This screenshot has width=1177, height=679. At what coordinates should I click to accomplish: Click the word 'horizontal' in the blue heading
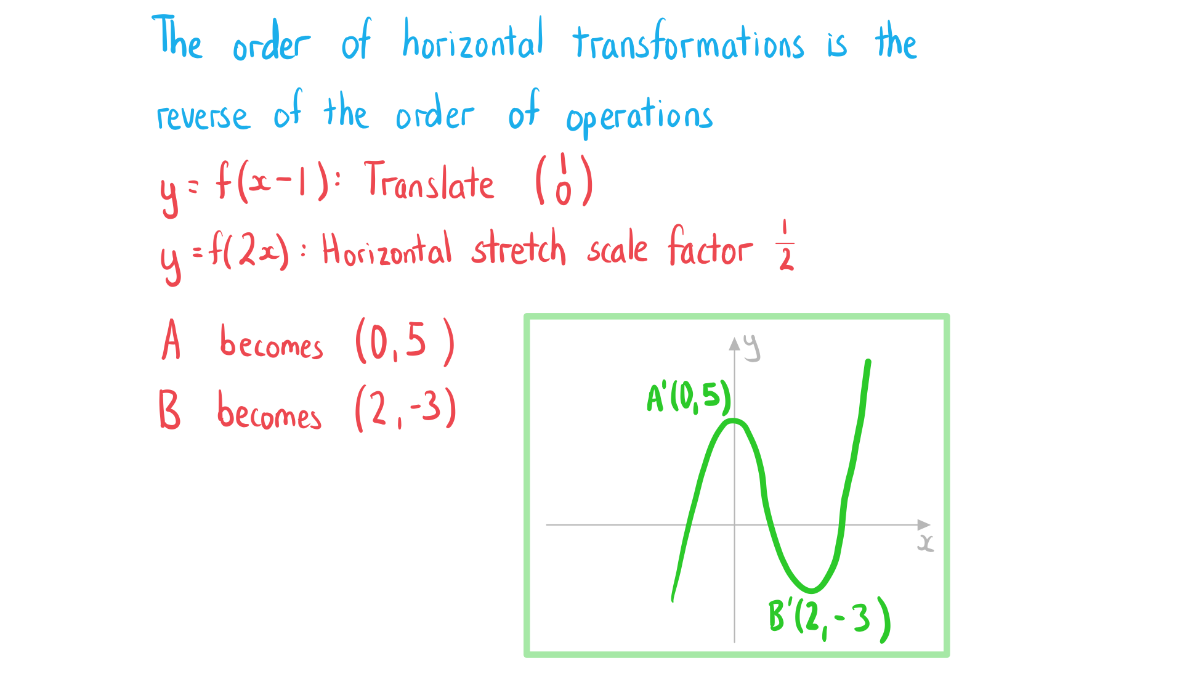pyautogui.click(x=472, y=39)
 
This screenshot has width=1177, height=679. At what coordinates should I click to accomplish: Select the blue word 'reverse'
pyautogui.click(x=203, y=116)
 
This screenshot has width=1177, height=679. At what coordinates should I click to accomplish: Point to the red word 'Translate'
pyautogui.click(x=429, y=181)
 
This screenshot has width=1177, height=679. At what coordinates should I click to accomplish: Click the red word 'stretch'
pyautogui.click(x=518, y=248)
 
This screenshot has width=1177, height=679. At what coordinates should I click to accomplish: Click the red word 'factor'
pyautogui.click(x=710, y=246)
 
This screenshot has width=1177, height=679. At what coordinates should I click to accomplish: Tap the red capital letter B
pyautogui.click(x=169, y=410)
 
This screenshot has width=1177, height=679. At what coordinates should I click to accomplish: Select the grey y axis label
pyautogui.click(x=751, y=348)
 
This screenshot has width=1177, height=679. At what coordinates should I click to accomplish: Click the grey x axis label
pyautogui.click(x=925, y=543)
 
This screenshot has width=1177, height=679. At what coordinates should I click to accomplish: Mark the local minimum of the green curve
pyautogui.click(x=812, y=590)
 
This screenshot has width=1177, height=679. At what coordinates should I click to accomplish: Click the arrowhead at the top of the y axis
pyautogui.click(x=734, y=343)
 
